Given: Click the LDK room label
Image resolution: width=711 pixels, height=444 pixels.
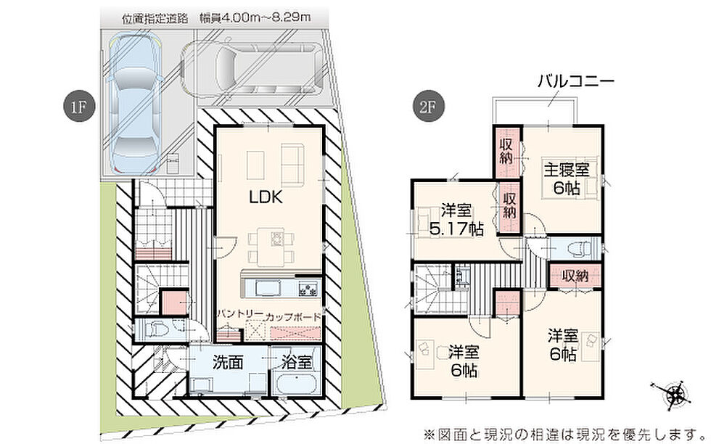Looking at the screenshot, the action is click(x=266, y=197).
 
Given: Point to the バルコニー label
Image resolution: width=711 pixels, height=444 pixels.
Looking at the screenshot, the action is click(x=576, y=82).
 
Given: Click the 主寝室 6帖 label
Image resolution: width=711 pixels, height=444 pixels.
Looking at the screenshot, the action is click(x=567, y=179).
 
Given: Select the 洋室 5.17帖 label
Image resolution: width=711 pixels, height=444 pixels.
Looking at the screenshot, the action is click(x=456, y=221).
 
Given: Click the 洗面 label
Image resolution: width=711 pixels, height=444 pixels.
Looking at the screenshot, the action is click(x=228, y=362).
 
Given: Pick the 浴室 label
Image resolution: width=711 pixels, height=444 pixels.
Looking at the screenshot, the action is click(x=297, y=362).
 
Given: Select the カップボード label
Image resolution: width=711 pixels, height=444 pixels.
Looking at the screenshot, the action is click(x=293, y=317).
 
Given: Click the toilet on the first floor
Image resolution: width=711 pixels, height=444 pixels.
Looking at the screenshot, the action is click(x=157, y=329).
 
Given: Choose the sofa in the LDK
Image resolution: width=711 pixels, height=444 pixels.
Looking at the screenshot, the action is click(x=292, y=164).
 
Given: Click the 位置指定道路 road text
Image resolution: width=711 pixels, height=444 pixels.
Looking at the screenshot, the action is click(x=155, y=19).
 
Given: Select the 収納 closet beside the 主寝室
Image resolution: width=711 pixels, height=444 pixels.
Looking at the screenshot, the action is click(x=507, y=152).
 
